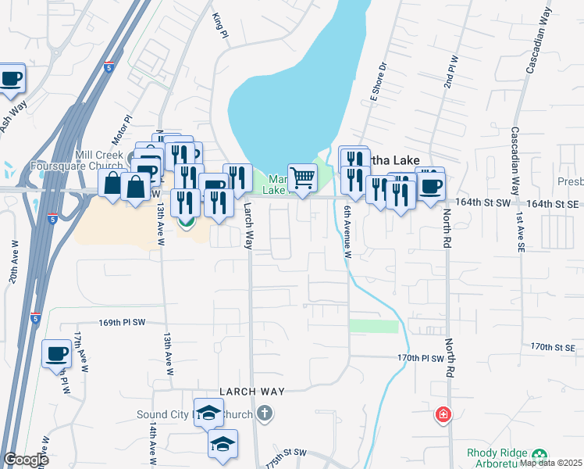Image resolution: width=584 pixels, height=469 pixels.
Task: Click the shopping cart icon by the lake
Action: pos(302,178)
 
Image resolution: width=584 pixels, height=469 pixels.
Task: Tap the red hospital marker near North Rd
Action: pos(443,414)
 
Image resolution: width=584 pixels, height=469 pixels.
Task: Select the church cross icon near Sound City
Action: pos(265,412)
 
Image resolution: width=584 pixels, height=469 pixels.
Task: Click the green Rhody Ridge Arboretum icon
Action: pos(539,455)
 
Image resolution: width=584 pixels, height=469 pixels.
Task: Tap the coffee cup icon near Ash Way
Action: pos(11,79)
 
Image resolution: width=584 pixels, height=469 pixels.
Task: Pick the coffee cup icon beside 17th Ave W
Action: pos(55,354)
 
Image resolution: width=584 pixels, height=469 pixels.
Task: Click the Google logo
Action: pos(27,460)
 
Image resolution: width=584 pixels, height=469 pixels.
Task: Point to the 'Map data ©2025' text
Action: pos(550,463)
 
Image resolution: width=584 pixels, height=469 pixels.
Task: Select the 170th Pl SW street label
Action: pos(420,358)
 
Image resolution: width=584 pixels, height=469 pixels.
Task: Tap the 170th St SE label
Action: pos(553,346)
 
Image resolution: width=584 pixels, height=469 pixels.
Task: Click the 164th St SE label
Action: pos(555,202)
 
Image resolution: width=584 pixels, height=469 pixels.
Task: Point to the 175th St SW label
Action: pos(286,457)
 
